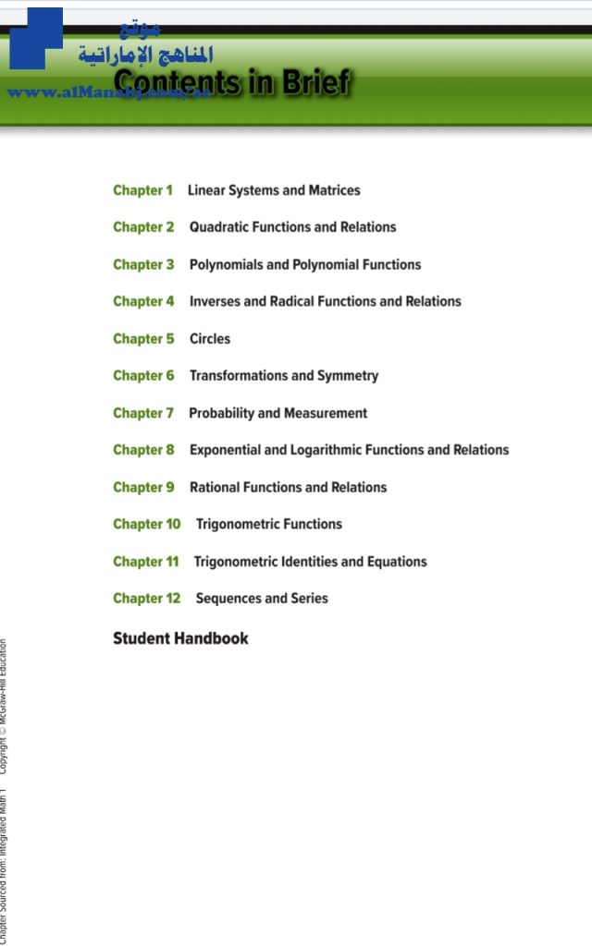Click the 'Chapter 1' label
coord(142,190)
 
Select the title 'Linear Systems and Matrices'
coord(274,190)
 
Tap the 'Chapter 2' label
coord(143,227)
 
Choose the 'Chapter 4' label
coord(143,301)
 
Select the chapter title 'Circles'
coord(210,339)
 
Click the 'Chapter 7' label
coord(142,413)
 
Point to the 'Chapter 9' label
coord(143,487)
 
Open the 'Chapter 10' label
coord(146,524)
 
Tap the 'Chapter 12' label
coord(146,599)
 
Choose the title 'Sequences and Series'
coord(262,599)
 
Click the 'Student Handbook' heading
coord(180,638)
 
